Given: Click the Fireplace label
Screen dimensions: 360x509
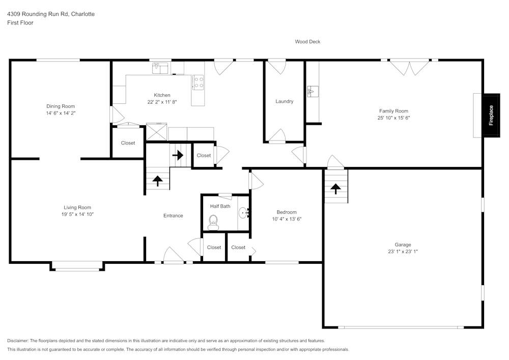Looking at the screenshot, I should coord(491,115).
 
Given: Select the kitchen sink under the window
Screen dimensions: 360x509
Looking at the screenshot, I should coord(161,67).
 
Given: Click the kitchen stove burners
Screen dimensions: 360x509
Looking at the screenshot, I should coord(198,82).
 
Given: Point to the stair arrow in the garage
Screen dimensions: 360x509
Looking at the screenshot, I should coord(335,188).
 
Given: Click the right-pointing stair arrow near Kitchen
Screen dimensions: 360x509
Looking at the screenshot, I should coord(178,155).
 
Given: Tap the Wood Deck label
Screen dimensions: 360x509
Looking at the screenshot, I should coord(307,42).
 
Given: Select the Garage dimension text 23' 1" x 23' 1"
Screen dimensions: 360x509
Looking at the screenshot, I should coord(403,252).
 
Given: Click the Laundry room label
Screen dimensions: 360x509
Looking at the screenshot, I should coord(284,101).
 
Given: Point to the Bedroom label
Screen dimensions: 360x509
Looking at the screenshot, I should coord(287,212).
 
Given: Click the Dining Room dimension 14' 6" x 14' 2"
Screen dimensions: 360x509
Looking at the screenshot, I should coord(61,113).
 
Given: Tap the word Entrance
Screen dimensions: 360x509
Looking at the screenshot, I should coord(173,216).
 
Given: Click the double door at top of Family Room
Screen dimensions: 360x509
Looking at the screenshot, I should coord(409,67).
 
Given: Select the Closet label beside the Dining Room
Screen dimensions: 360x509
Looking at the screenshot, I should coord(128,143).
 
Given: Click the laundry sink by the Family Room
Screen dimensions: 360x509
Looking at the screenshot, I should coord(313,92).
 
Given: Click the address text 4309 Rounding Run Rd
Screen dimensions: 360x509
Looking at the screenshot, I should coord(50,14).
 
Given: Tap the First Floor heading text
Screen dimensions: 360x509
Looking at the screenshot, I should coord(20,23).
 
